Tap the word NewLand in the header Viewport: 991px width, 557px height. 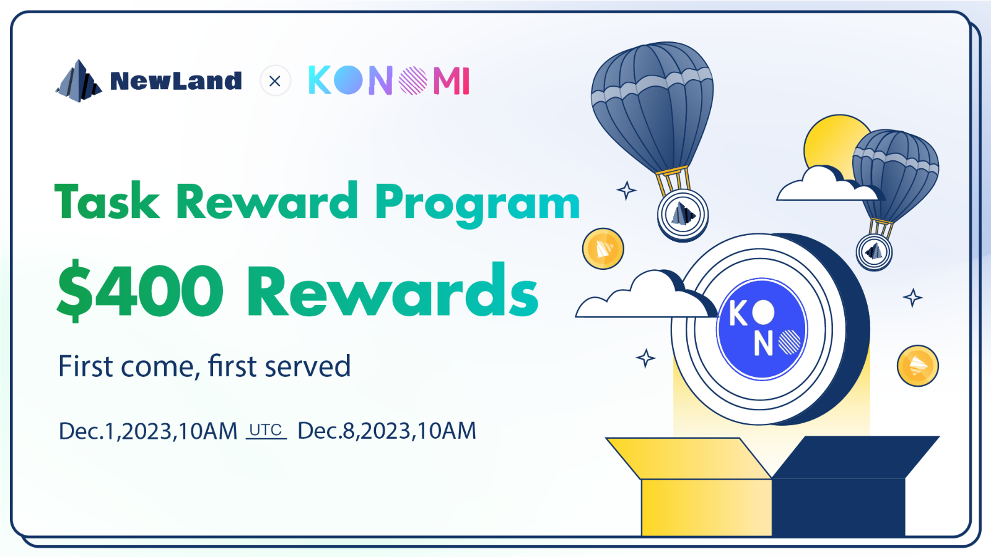pyautogui.click(x=176, y=81)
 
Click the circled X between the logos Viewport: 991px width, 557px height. pyautogui.click(x=275, y=81)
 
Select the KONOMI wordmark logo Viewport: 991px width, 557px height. pyautogui.click(x=389, y=81)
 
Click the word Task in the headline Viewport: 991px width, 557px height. pyautogui.click(x=107, y=202)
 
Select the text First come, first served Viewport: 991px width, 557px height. pyautogui.click(x=204, y=366)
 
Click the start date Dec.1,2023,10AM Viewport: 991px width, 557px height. pyautogui.click(x=148, y=431)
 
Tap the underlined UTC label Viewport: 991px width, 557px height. pyautogui.click(x=266, y=430)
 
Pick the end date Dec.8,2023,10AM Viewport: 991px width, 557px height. pyautogui.click(x=386, y=431)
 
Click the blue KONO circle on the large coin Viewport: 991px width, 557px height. pyautogui.click(x=762, y=329)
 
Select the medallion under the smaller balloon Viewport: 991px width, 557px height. pyautogui.click(x=874, y=252)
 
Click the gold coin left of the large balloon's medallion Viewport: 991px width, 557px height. pyautogui.click(x=603, y=249)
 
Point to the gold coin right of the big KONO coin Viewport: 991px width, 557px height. pyautogui.click(x=917, y=366)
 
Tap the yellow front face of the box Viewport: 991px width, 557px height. pyautogui.click(x=706, y=507)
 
